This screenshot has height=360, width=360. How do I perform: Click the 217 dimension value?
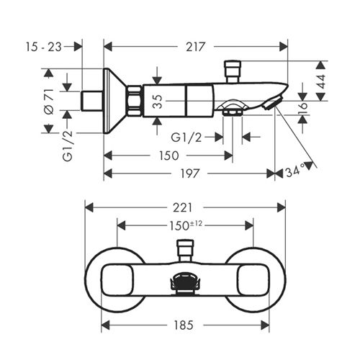(196, 47)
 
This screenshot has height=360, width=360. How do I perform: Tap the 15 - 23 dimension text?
(44, 47)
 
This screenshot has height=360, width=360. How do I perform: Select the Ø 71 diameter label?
(50, 102)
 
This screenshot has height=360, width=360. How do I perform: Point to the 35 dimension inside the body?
(158, 102)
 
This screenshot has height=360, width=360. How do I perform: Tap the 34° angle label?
(295, 171)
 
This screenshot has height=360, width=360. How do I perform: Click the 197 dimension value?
(190, 174)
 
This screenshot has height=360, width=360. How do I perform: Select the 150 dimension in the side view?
(169, 156)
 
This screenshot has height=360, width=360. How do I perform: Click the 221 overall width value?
(182, 207)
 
